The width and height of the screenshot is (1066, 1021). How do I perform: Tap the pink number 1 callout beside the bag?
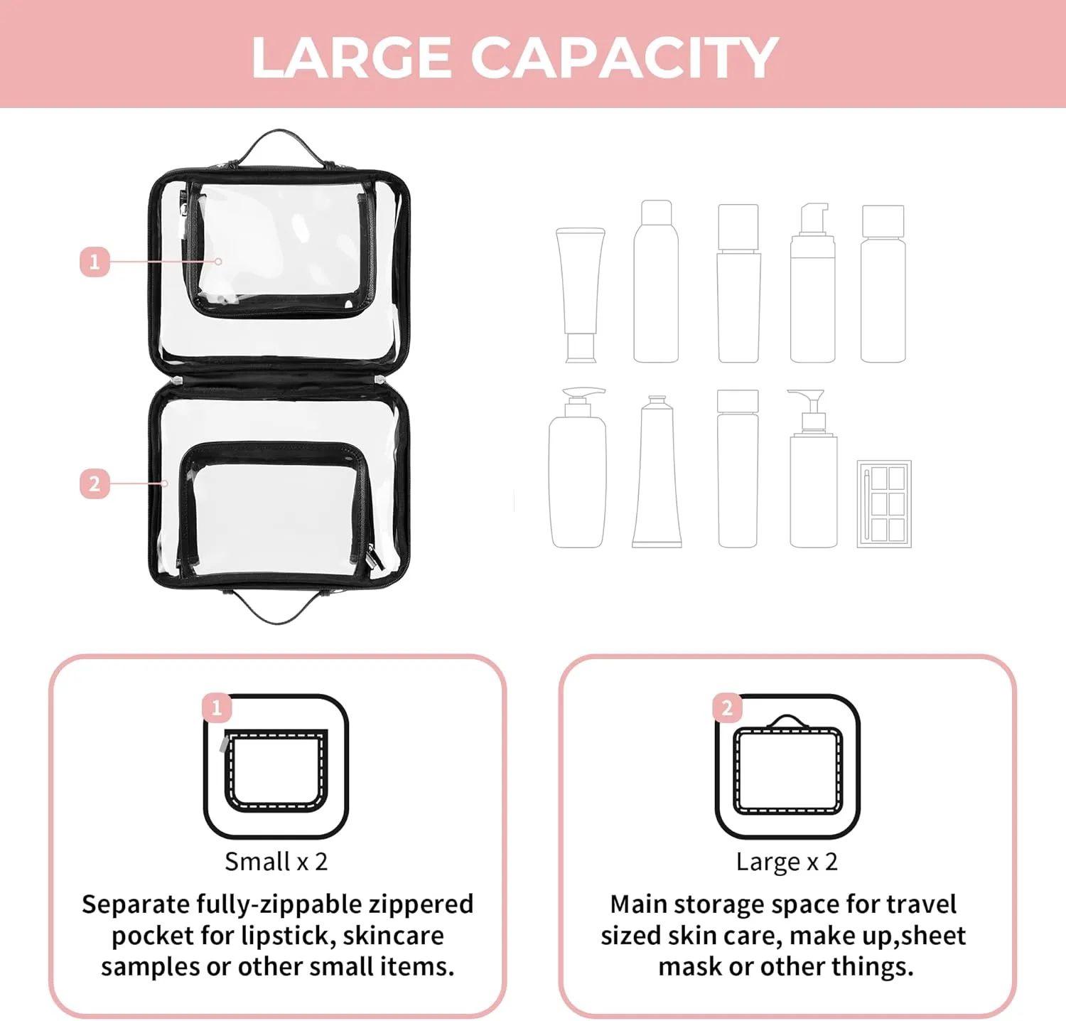[95, 262]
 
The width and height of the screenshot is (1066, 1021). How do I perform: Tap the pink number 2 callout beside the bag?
[95, 484]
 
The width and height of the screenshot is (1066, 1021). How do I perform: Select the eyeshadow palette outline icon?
[884, 503]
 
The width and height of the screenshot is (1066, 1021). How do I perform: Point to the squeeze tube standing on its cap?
[581, 295]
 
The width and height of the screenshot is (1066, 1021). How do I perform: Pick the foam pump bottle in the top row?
[813, 283]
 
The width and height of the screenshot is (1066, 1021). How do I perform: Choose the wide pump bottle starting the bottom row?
[578, 467]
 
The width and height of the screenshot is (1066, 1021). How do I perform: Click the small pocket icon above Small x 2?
[276, 766]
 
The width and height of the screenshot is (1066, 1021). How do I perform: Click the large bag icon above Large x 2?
[787, 766]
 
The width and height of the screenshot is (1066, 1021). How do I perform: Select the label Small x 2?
[276, 862]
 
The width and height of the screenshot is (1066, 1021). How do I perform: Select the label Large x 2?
[787, 862]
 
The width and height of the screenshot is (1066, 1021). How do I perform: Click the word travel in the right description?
[921, 904]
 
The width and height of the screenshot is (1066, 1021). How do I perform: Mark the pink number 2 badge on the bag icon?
[727, 708]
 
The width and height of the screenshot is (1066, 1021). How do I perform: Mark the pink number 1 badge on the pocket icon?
[217, 708]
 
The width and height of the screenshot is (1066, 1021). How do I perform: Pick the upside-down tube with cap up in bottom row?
[657, 471]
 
